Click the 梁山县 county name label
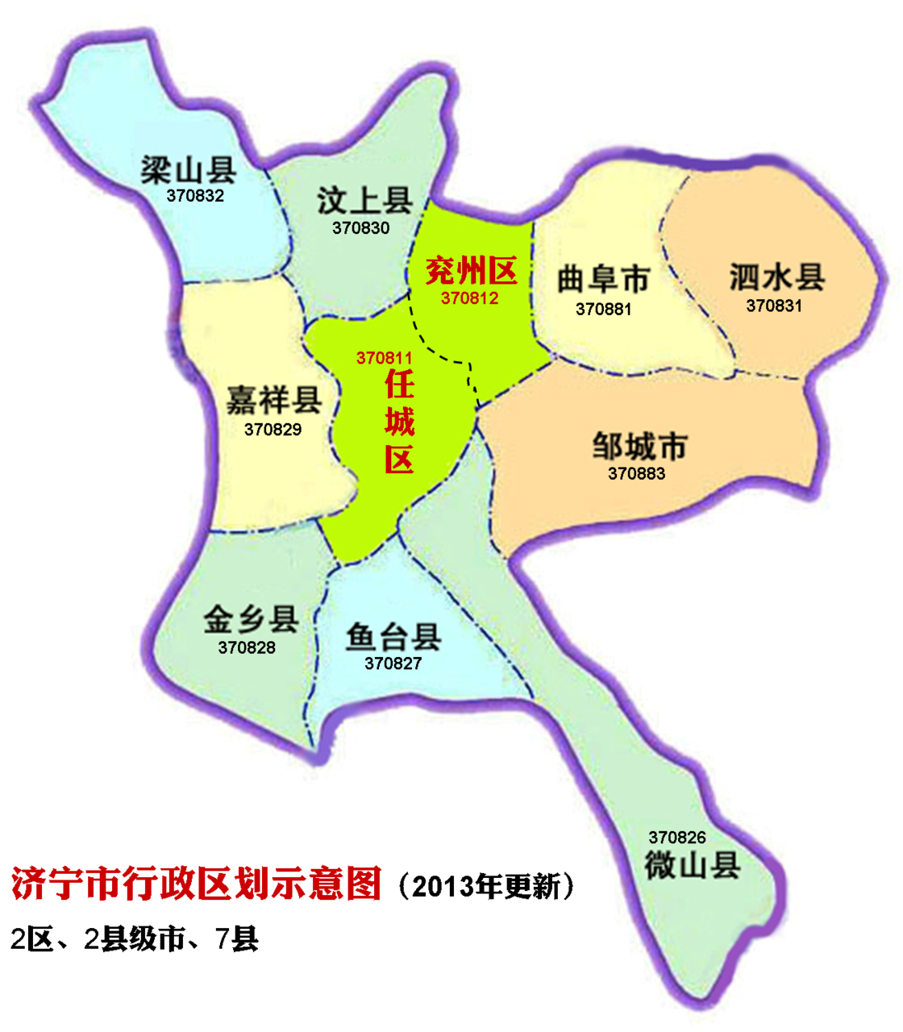(189, 170)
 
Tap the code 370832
(195, 196)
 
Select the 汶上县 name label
(364, 201)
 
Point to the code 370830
(360, 228)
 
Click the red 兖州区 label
(471, 271)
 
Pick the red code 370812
(469, 298)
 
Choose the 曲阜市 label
(603, 280)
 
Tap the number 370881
(603, 310)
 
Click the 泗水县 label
(776, 277)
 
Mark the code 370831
(774, 306)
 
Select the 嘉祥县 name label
(274, 400)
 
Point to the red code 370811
(385, 358)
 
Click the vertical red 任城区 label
(399, 422)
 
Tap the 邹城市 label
(639, 445)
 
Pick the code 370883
(636, 474)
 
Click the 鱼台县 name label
(393, 636)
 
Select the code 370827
(393, 664)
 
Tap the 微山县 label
(692, 866)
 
